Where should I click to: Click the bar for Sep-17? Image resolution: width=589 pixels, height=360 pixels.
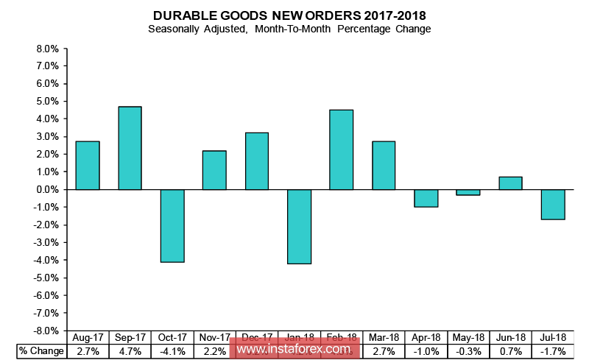(x=130, y=148)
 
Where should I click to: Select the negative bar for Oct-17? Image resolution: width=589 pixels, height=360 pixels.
(x=172, y=225)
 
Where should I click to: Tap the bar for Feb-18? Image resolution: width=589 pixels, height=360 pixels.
(x=342, y=149)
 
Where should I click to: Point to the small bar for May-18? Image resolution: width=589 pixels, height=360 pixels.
(x=468, y=192)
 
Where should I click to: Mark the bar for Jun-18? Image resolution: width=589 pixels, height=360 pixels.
(x=510, y=183)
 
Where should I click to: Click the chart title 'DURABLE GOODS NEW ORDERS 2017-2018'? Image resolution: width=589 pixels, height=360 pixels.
(x=289, y=15)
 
